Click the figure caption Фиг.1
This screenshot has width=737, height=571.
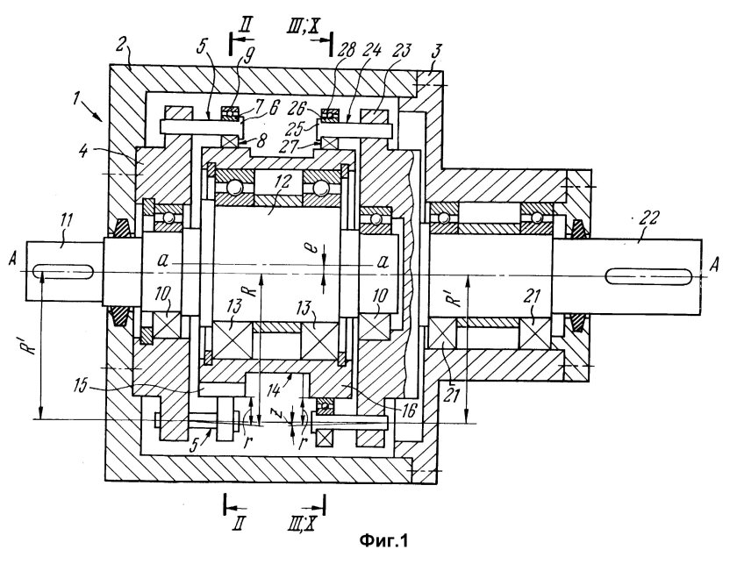(383, 541)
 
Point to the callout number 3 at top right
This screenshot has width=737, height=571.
(435, 54)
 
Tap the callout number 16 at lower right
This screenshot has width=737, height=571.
(409, 411)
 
